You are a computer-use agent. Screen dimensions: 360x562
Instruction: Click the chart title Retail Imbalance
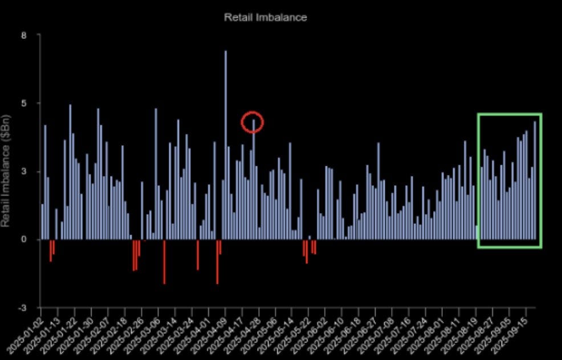click(265, 17)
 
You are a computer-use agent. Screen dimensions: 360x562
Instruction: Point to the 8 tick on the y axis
click(23, 35)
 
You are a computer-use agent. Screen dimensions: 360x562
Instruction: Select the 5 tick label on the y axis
click(23, 103)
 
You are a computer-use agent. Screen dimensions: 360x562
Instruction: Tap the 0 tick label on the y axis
click(23, 239)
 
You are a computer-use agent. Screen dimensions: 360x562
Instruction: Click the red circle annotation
click(252, 122)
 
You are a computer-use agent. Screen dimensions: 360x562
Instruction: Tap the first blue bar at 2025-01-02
click(42, 222)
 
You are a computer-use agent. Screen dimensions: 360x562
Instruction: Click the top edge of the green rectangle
click(509, 114)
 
